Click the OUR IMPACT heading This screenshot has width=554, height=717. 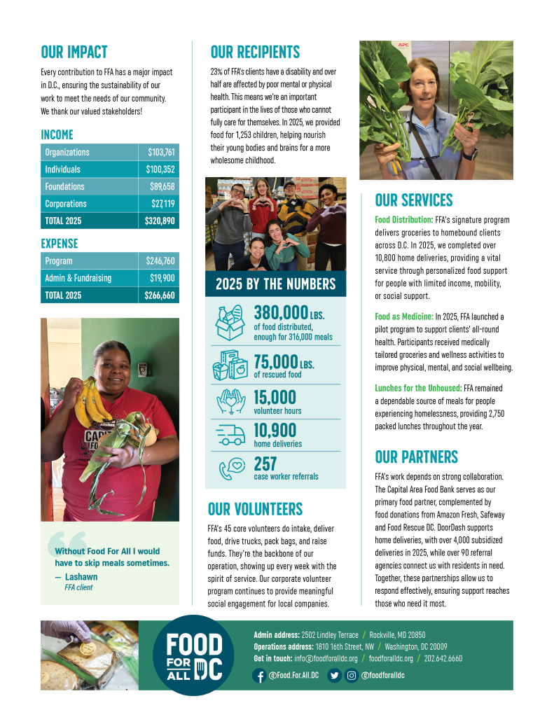tap(74, 53)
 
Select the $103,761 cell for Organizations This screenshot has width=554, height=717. tap(160, 153)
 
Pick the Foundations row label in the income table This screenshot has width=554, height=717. tap(64, 187)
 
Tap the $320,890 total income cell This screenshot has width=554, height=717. tap(160, 221)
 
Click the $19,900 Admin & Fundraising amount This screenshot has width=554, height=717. tap(161, 278)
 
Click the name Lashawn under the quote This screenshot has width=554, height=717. tap(81, 577)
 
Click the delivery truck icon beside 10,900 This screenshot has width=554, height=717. tap(232, 435)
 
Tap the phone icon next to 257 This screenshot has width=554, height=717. tap(232, 467)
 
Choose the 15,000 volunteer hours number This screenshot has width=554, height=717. tap(275, 398)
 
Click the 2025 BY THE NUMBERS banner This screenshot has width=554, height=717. tap(275, 284)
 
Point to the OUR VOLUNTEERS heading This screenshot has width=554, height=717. tap(255, 509)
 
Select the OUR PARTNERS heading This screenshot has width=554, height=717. tap(416, 457)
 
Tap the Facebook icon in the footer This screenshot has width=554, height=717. tap(259, 676)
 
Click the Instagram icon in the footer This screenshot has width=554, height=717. tap(352, 676)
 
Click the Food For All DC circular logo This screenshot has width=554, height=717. tap(193, 655)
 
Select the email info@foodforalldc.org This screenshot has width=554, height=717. tap(326, 658)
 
